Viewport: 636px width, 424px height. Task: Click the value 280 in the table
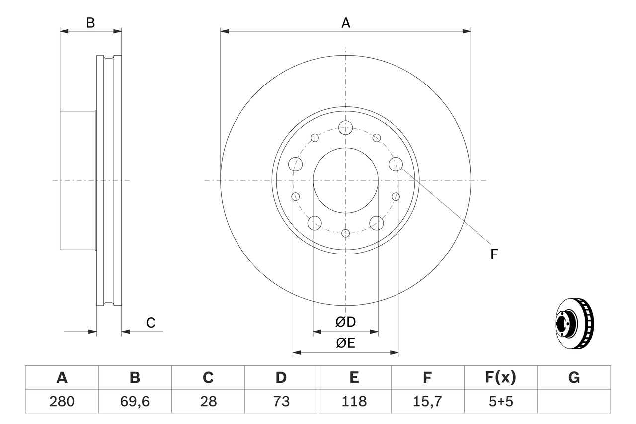(x=62, y=401)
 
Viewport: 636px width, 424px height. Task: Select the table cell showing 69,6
(x=135, y=401)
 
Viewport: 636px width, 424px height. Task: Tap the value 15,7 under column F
(x=427, y=401)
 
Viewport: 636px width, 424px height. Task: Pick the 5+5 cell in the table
(x=500, y=401)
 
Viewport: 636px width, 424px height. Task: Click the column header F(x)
(x=500, y=378)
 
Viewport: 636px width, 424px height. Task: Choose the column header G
(x=574, y=378)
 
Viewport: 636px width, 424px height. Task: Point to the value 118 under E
(x=354, y=401)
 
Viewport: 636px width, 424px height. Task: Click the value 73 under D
(x=281, y=401)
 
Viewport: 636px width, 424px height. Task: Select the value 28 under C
(x=208, y=401)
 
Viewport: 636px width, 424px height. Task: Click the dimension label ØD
(x=345, y=322)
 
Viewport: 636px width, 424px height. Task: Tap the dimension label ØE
(x=345, y=343)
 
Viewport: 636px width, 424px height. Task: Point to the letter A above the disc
(x=345, y=22)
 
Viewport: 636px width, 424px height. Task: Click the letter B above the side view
(x=90, y=22)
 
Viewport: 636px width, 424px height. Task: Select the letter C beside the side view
(x=151, y=323)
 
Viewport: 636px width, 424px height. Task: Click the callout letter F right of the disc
(x=493, y=254)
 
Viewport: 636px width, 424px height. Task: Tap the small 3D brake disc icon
(x=574, y=323)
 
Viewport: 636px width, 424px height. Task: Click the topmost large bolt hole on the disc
(x=345, y=127)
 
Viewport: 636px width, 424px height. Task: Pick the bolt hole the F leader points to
(x=396, y=163)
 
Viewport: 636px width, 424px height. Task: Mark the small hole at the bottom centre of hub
(x=345, y=232)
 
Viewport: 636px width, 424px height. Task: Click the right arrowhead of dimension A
(x=467, y=31)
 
